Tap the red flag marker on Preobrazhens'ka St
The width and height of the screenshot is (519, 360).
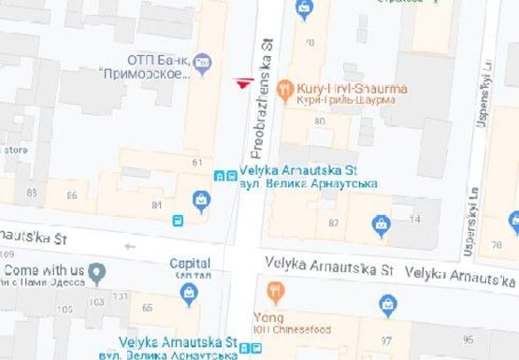[245, 82]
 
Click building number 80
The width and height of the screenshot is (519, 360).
[320, 121]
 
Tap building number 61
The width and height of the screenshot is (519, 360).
[197, 162]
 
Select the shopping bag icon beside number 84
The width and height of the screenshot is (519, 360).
[200, 198]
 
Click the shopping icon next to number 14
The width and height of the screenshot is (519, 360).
[381, 223]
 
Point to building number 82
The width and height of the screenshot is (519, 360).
[333, 222]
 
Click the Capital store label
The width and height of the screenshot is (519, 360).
[190, 263]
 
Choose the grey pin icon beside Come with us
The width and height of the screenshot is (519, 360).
[96, 271]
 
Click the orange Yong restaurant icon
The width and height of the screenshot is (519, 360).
[274, 291]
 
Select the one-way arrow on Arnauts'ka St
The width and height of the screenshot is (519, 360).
[130, 247]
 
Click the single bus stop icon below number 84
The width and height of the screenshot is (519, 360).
[177, 221]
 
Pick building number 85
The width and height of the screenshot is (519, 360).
[33, 193]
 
